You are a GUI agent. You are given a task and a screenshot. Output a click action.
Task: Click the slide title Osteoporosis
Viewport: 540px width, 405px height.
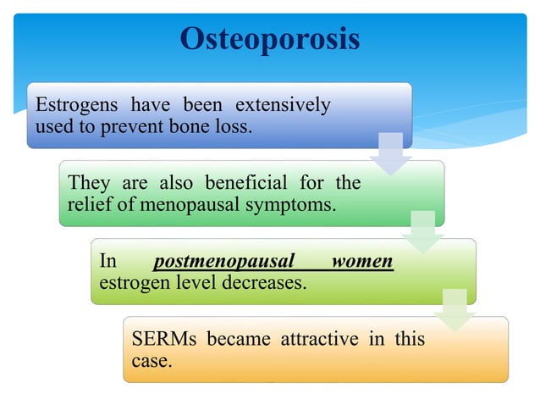click(270, 38)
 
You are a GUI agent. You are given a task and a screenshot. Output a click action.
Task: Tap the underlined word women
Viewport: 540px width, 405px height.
click(362, 261)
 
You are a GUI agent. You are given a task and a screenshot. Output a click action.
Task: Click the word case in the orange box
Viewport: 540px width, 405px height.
click(150, 360)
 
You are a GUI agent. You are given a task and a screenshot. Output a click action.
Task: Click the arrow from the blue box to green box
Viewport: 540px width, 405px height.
click(390, 153)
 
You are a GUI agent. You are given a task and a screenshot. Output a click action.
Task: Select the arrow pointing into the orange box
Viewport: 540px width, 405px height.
click(455, 310)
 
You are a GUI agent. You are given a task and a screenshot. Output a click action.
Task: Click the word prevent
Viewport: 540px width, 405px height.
click(129, 126)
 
